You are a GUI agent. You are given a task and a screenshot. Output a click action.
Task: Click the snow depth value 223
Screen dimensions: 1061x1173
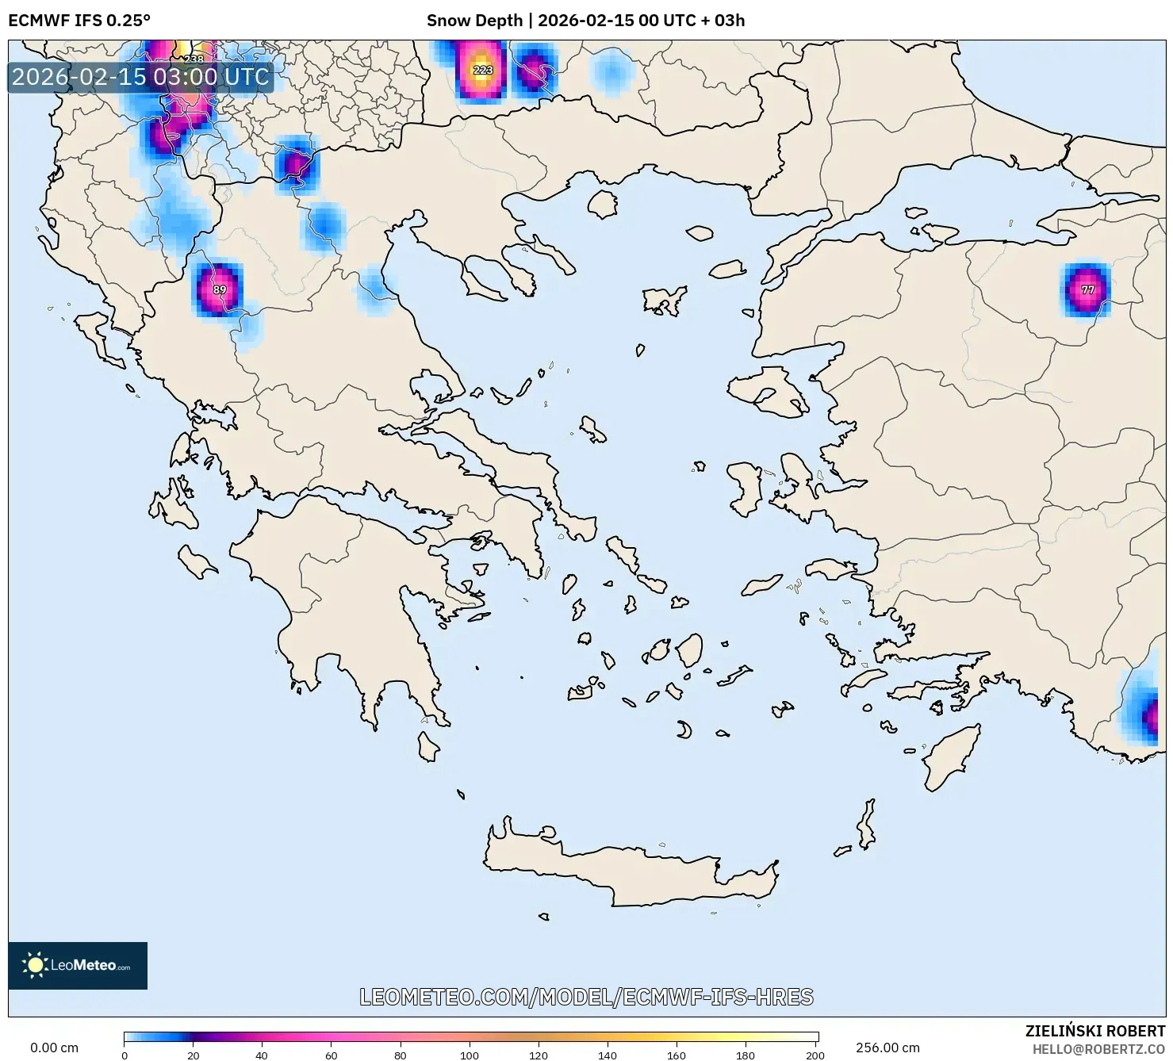tap(483, 70)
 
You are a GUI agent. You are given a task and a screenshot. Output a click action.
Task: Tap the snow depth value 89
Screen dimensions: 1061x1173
tap(220, 289)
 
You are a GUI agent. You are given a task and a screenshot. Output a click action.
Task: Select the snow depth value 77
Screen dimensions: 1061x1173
tap(1087, 290)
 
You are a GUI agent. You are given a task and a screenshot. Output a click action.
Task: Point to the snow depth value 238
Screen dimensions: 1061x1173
tap(194, 59)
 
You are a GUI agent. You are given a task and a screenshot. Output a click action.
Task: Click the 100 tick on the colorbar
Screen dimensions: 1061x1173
tap(470, 1055)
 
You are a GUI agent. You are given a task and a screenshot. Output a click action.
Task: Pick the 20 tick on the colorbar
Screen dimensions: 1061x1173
tap(193, 1055)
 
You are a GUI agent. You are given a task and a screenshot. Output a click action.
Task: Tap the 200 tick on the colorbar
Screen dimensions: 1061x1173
tap(815, 1055)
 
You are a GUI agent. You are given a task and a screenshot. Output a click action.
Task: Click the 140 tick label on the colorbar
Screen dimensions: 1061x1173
tap(608, 1055)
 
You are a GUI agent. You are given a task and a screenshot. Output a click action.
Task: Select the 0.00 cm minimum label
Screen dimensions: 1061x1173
tap(54, 1048)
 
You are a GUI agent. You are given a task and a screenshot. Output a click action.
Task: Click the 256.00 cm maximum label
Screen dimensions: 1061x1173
tap(887, 1048)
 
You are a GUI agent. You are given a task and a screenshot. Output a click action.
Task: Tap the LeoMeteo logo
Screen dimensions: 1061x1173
tap(78, 965)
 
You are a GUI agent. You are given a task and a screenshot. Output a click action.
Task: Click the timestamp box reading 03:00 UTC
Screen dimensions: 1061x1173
tap(140, 77)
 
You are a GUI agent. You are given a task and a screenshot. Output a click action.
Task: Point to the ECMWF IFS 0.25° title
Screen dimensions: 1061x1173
tap(79, 21)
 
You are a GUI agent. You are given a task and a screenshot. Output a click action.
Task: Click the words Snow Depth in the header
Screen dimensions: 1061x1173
tap(474, 21)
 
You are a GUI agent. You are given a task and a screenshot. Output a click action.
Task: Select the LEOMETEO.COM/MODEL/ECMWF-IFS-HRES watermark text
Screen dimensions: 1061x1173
tap(586, 997)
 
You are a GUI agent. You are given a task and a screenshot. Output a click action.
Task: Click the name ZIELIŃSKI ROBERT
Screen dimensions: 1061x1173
tap(1094, 1031)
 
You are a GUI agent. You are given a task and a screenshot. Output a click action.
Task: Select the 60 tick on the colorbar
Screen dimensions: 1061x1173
tap(332, 1055)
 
